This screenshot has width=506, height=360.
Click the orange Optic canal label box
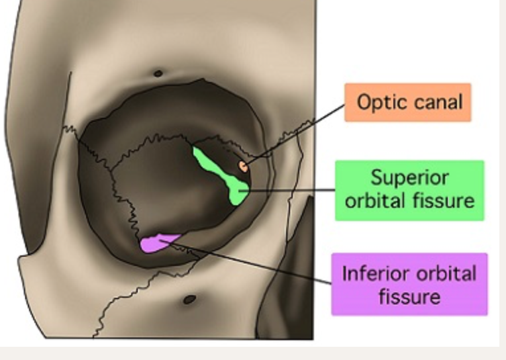coord(407,103)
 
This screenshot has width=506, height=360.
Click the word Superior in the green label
coord(409,178)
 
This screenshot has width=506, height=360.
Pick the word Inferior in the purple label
coord(374,273)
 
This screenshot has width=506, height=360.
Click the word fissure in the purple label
coord(409,296)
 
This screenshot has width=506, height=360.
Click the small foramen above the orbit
coord(158,73)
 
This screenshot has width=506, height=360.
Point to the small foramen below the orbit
coord(189,299)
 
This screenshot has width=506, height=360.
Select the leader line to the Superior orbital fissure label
coord(291,191)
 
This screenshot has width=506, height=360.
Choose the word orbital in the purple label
coord(446,273)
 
